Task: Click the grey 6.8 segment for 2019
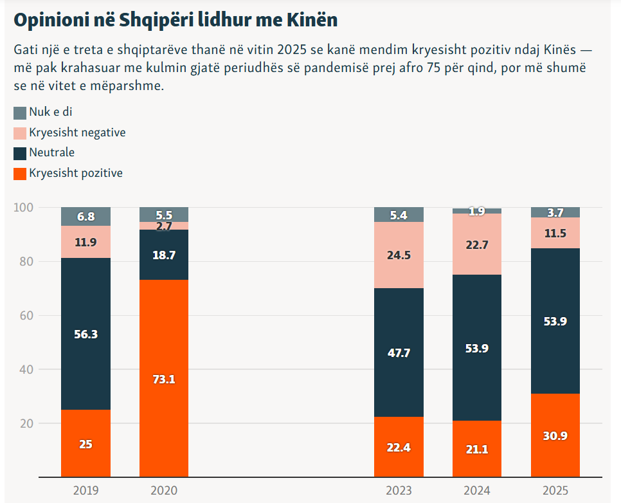[85, 217]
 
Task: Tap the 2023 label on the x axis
[399, 491]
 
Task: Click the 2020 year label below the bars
[164, 491]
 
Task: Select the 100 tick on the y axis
[24, 208]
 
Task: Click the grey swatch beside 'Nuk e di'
[20, 113]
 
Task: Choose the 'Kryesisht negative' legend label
[77, 133]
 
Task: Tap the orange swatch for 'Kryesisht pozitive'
[20, 173]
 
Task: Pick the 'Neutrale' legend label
[51, 152]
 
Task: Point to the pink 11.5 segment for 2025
[555, 233]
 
